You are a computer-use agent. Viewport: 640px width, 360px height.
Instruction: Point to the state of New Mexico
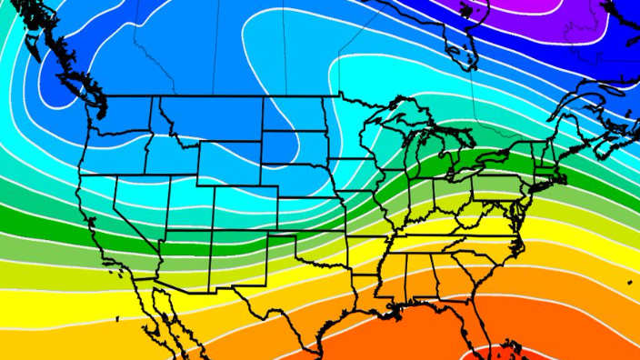[x=227, y=259]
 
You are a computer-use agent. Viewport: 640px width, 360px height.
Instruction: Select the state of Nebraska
[x=295, y=183]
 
